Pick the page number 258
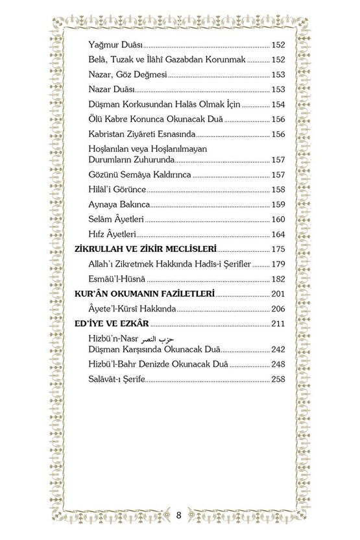[x=278, y=379]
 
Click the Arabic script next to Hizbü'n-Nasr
[x=161, y=340]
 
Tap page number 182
[x=278, y=278]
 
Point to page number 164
[x=278, y=234]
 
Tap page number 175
[x=278, y=249]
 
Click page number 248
[x=278, y=365]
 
